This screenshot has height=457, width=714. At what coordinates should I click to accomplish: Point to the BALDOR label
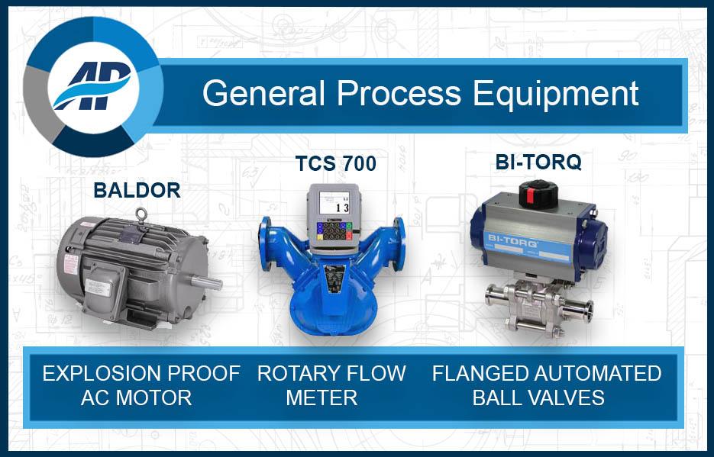click(x=137, y=190)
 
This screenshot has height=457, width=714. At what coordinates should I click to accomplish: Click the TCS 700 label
click(x=336, y=164)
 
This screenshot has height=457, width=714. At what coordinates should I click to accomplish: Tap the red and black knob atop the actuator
click(x=538, y=193)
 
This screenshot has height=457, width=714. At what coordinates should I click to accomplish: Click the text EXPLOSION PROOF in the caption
click(x=141, y=374)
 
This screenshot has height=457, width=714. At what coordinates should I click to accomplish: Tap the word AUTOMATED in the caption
click(x=587, y=374)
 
